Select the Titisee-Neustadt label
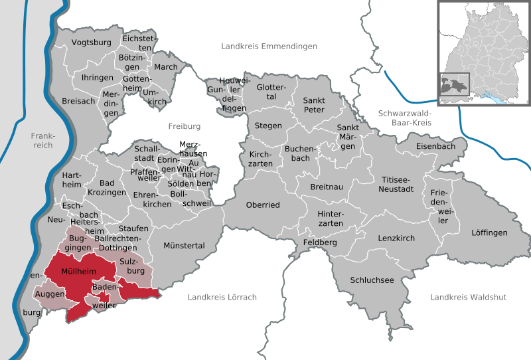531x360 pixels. tap(398, 184)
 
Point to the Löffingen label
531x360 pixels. tap(489, 232)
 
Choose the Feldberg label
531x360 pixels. tap(320, 243)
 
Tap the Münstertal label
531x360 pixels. tap(185, 246)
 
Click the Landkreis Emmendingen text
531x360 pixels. tap(269, 46)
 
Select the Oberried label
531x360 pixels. tap(263, 205)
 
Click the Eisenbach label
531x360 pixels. tap(435, 145)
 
